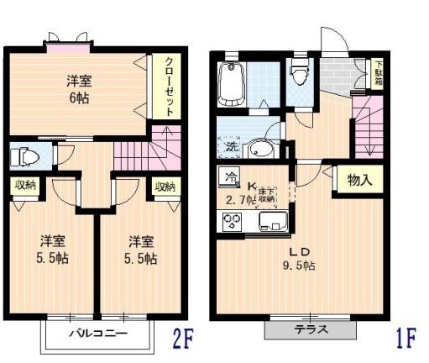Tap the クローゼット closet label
pos(169,85)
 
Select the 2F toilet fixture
pos(25,156)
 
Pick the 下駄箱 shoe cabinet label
pos(379,71)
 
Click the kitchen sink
pos(274,223)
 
